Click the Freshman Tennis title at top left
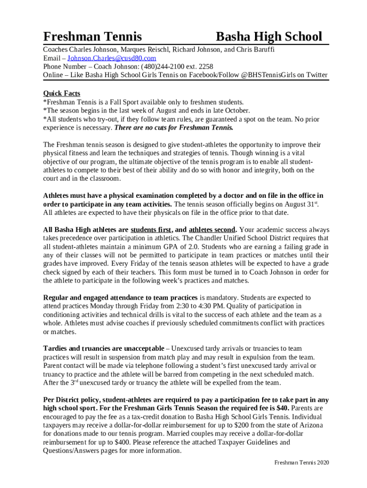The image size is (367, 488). [92, 36]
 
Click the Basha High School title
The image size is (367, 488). [269, 36]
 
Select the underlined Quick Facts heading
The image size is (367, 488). [61, 93]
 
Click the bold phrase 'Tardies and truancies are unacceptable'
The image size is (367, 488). [103, 349]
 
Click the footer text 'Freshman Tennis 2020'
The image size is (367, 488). [302, 463]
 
